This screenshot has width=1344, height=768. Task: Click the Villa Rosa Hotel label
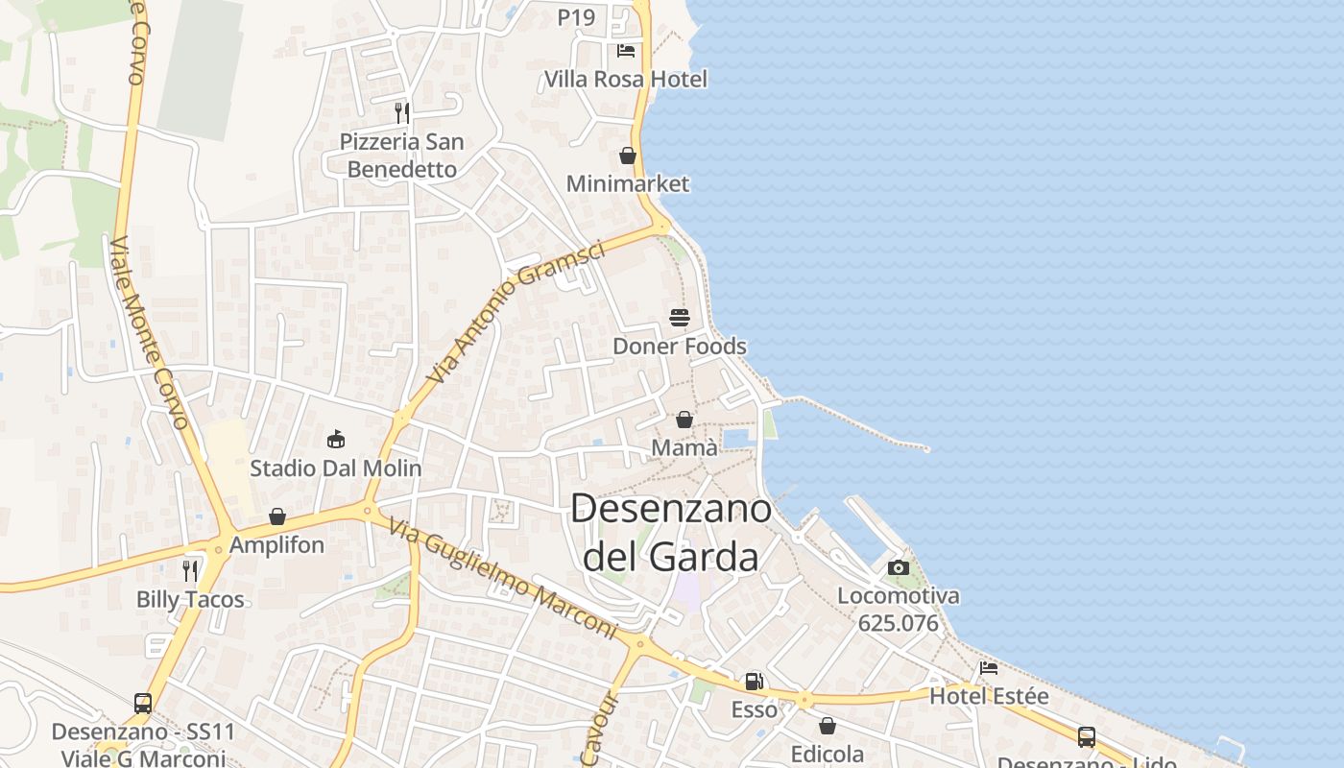pos(625,79)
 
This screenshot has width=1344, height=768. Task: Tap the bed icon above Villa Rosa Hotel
pos(626,51)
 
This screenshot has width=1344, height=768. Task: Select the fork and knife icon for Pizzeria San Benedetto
pos(402,113)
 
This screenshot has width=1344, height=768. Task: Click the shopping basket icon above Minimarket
pos(628,156)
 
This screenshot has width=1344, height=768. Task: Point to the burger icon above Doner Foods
pos(680,318)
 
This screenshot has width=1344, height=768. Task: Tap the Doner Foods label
pos(680,346)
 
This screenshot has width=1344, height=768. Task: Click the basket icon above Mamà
pos(684,420)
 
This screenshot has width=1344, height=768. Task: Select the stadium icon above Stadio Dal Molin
pos(336,440)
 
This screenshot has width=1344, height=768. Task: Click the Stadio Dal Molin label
pos(336,468)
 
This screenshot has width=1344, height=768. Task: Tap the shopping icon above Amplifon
pos(277,516)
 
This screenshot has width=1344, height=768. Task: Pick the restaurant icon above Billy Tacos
pos(190,571)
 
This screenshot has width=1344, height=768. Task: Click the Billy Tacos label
pos(190,600)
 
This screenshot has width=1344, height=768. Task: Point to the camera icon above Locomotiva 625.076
pos(899,567)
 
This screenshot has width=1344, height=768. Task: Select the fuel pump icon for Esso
pos(755,682)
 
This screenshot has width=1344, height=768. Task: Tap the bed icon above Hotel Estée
pos(989,668)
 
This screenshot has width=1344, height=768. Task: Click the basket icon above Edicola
pos(828,726)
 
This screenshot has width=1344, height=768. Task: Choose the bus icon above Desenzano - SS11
pos(143,704)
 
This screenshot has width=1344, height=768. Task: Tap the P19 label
pos(576,17)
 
